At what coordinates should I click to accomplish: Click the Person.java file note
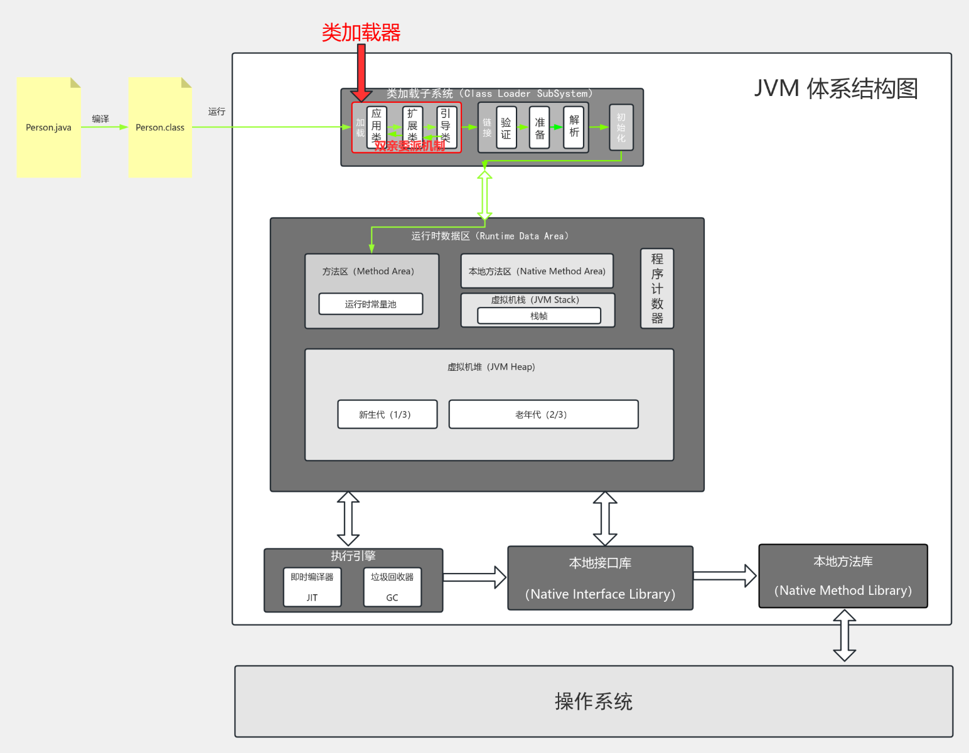(x=48, y=127)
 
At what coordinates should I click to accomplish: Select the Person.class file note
(x=160, y=127)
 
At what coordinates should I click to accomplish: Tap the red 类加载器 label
(x=361, y=33)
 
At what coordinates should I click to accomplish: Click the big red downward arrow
(x=361, y=72)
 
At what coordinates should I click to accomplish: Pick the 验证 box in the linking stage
(x=506, y=127)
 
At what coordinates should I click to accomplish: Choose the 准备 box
(x=540, y=127)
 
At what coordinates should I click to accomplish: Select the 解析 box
(x=574, y=127)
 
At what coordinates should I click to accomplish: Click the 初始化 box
(x=621, y=127)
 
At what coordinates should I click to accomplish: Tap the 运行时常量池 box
(x=370, y=304)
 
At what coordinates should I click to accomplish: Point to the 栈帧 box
(x=538, y=316)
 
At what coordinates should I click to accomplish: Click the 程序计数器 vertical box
(x=656, y=289)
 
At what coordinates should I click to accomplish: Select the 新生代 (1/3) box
(x=387, y=414)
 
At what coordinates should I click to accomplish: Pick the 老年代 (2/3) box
(x=543, y=414)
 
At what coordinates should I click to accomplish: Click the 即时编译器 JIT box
(x=312, y=587)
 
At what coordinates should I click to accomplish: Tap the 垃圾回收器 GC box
(x=392, y=587)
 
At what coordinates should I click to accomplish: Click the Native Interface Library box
(x=600, y=578)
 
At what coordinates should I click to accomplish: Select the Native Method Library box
(x=843, y=576)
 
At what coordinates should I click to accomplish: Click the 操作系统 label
(x=593, y=702)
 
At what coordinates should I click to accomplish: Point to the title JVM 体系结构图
(x=835, y=88)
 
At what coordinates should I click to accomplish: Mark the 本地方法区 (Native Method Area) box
(x=537, y=271)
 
